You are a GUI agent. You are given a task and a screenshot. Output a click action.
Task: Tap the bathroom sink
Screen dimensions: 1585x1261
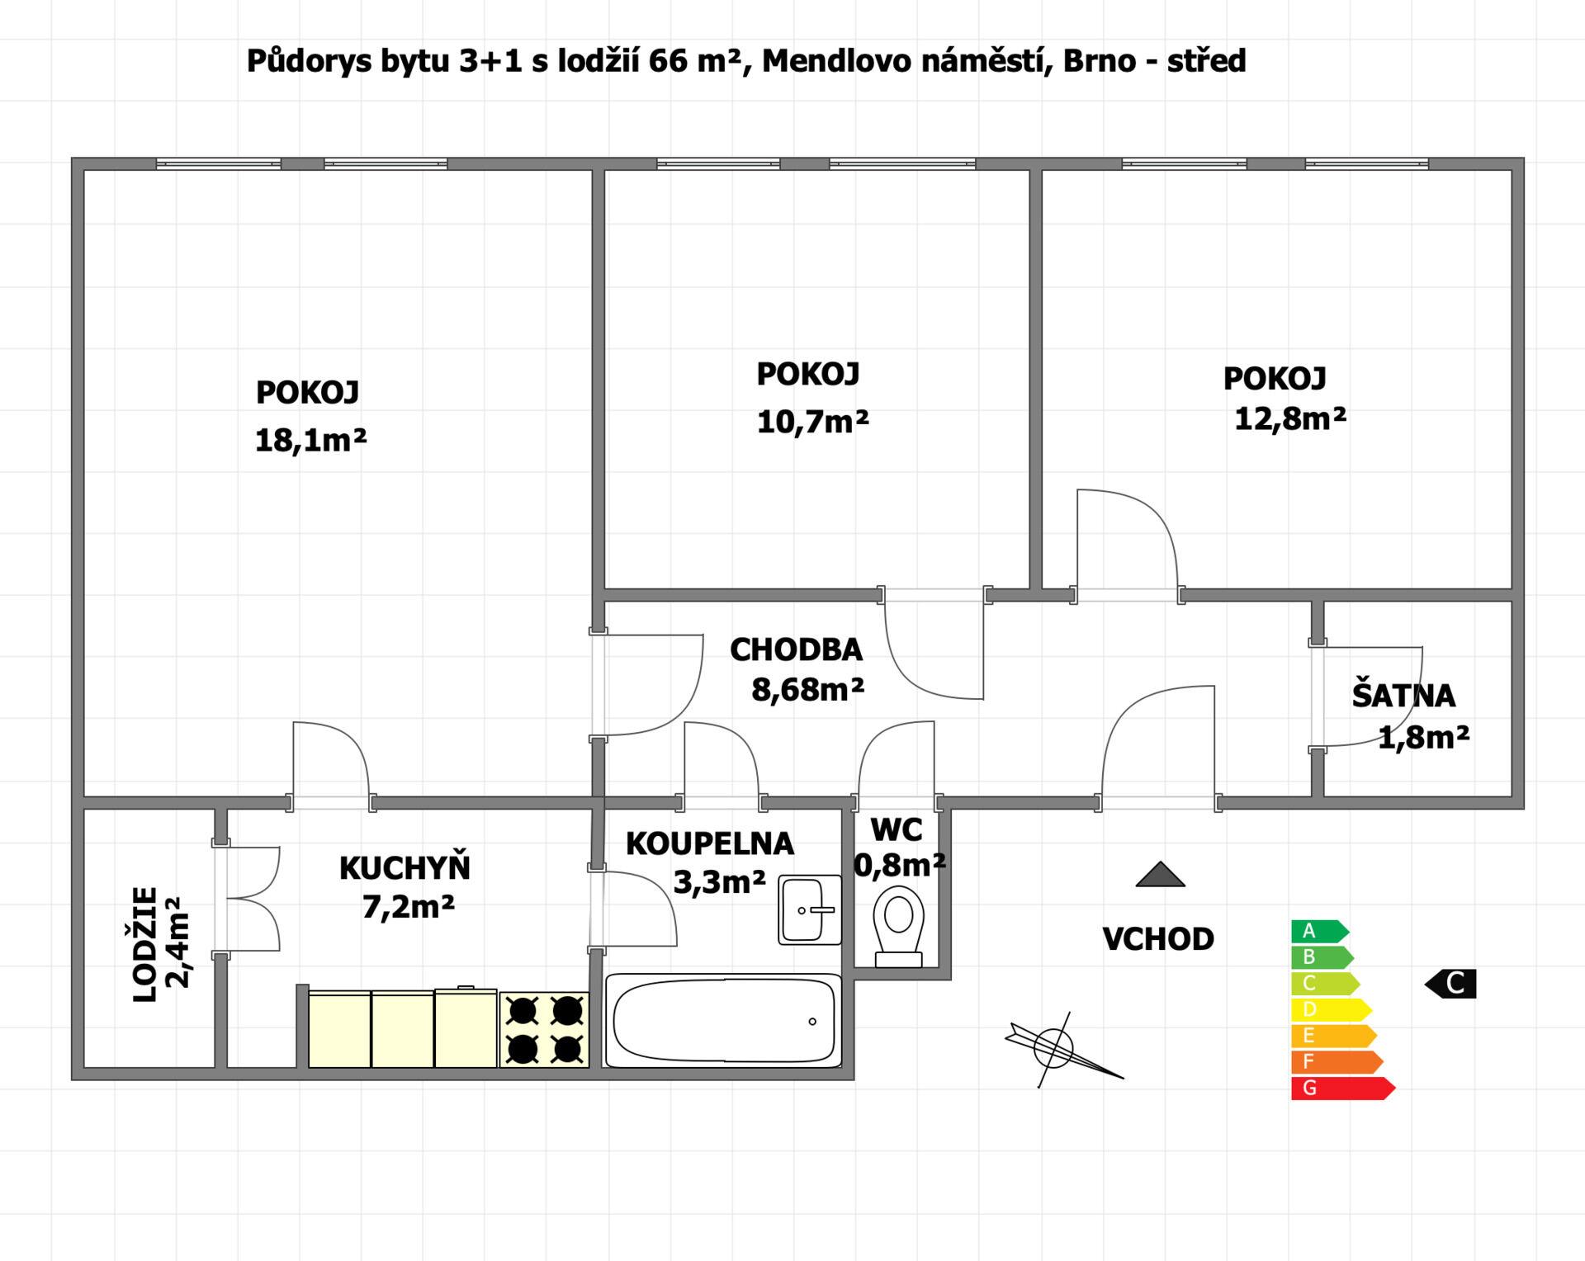pyautogui.click(x=810, y=909)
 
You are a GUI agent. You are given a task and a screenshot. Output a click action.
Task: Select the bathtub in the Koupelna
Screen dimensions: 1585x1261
pyautogui.click(x=723, y=1021)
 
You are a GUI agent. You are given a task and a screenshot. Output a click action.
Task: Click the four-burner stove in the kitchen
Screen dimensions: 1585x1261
pyautogui.click(x=544, y=1029)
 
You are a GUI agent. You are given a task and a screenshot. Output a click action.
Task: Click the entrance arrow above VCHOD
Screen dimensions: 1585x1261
pyautogui.click(x=1160, y=875)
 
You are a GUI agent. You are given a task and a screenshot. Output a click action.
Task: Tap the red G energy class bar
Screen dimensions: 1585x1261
pyautogui.click(x=1343, y=1088)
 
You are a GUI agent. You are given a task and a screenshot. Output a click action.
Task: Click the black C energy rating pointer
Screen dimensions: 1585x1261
pyautogui.click(x=1450, y=984)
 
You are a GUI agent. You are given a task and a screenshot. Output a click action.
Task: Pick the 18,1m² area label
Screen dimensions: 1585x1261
pyautogui.click(x=310, y=441)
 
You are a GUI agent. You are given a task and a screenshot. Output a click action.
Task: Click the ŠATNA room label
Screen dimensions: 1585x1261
pyautogui.click(x=1403, y=696)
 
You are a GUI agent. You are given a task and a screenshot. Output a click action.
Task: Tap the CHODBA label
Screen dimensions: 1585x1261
pyautogui.click(x=796, y=650)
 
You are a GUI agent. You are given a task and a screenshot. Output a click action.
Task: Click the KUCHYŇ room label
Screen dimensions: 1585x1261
pyautogui.click(x=405, y=867)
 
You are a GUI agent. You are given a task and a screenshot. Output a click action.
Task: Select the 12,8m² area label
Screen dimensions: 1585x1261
pyautogui.click(x=1290, y=418)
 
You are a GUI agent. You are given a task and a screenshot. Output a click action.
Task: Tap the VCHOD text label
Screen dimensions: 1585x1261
pyautogui.click(x=1158, y=939)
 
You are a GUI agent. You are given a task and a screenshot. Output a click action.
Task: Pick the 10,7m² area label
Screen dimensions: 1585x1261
pyautogui.click(x=812, y=422)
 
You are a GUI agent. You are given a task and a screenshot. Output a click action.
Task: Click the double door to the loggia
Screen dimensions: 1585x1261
pyautogui.click(x=248, y=899)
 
